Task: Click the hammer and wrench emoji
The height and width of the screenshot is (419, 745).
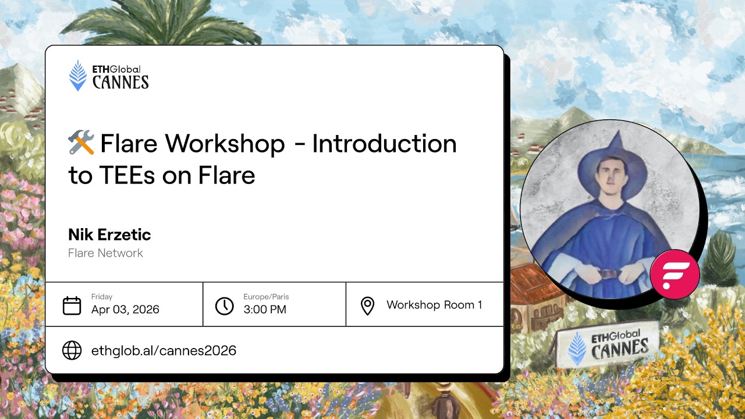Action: tap(81, 143)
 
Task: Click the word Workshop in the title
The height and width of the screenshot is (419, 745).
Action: tap(225, 143)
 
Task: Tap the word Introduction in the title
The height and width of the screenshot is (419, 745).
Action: tap(385, 143)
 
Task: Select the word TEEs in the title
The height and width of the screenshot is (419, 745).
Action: tap(127, 175)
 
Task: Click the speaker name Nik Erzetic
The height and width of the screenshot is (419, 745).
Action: tap(109, 235)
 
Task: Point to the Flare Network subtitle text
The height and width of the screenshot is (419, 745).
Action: tap(105, 253)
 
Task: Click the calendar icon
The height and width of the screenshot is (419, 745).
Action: tap(72, 306)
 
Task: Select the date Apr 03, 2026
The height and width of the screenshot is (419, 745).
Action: tap(125, 309)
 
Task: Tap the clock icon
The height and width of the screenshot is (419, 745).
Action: tap(225, 306)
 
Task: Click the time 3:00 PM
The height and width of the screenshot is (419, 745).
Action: tap(265, 309)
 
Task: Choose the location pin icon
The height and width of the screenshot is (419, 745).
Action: tap(367, 306)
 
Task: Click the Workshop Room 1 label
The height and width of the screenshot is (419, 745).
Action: tap(434, 304)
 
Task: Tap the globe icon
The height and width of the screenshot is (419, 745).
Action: tap(72, 350)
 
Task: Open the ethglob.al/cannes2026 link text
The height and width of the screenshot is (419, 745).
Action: tap(164, 350)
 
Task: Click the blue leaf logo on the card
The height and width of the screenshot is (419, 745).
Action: tap(78, 76)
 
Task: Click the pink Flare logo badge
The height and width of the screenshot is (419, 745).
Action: tap(675, 275)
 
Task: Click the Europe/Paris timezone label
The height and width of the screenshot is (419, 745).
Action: tap(266, 297)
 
